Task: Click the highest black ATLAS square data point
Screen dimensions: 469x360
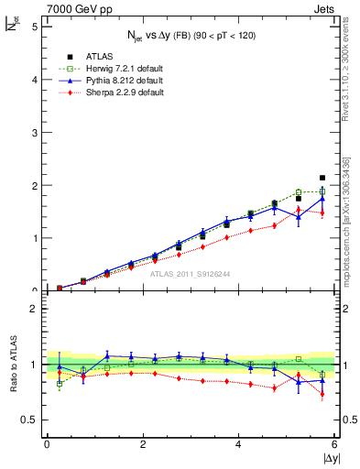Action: click(x=322, y=178)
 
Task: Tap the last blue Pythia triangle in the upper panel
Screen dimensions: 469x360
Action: click(x=322, y=199)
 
